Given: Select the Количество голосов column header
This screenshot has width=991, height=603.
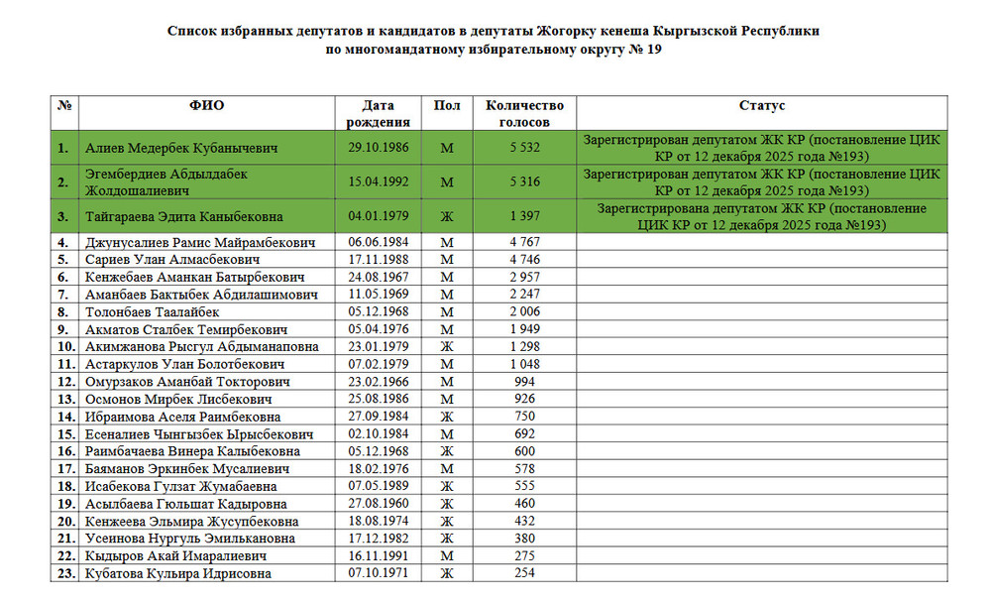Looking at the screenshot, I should click(x=524, y=113).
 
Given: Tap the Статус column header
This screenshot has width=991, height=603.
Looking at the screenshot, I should click(x=762, y=105).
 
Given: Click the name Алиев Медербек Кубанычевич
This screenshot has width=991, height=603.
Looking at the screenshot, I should click(x=181, y=148).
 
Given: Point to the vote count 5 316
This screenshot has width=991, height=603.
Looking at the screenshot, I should click(x=524, y=181).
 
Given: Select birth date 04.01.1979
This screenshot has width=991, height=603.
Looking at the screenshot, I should click(x=378, y=216).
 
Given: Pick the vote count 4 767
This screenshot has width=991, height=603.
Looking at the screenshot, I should click(x=524, y=242).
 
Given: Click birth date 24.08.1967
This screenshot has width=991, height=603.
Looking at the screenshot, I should click(x=378, y=277).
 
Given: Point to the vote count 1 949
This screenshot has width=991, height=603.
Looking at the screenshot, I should click(x=524, y=329).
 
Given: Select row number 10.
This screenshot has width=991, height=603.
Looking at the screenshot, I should click(x=66, y=347).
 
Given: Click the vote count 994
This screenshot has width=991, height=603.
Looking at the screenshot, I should click(x=524, y=382).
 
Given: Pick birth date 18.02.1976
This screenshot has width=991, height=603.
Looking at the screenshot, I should click(x=378, y=469).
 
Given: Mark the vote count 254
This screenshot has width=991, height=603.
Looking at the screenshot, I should click(x=524, y=573).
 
